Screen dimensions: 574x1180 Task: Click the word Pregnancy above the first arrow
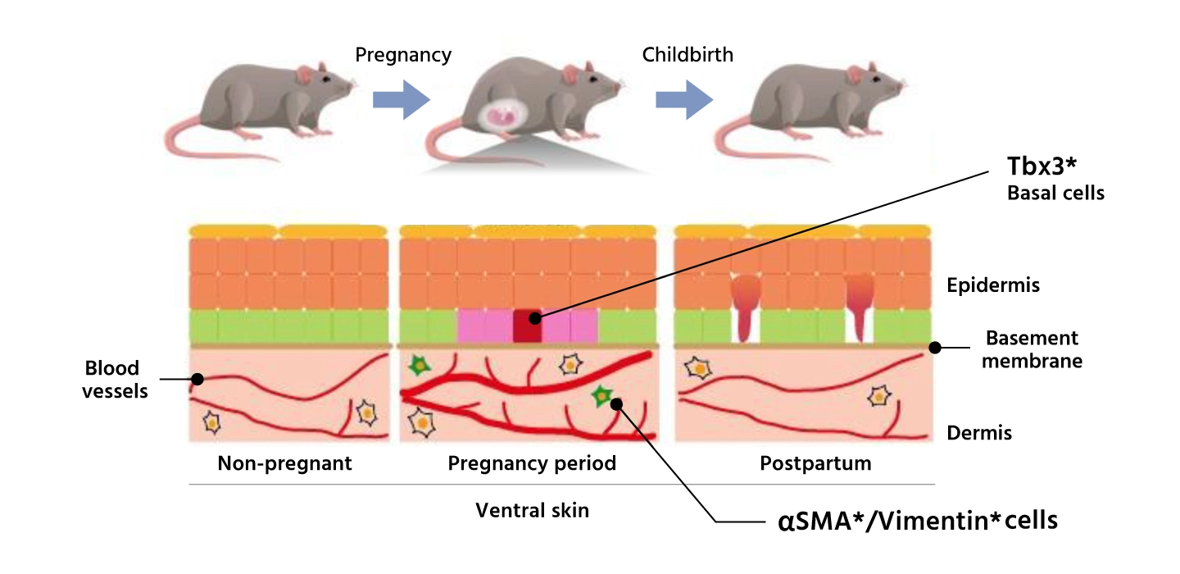pyautogui.click(x=402, y=55)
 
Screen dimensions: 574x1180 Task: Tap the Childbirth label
pyautogui.click(x=687, y=55)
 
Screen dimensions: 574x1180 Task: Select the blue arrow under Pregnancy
pyautogui.click(x=401, y=99)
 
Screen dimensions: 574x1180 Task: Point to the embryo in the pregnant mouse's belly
pyautogui.click(x=503, y=117)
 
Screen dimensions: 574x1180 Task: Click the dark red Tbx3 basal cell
pyautogui.click(x=528, y=326)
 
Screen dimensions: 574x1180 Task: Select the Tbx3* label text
pyautogui.click(x=1041, y=166)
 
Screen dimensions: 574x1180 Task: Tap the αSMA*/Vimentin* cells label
pyautogui.click(x=917, y=521)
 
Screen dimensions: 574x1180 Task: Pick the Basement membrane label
pyautogui.click(x=1031, y=349)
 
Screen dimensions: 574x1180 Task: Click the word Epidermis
pyautogui.click(x=992, y=285)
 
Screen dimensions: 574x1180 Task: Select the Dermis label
pyautogui.click(x=979, y=432)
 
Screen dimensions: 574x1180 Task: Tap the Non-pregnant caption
pyautogui.click(x=284, y=463)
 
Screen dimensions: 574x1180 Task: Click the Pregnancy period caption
pyautogui.click(x=532, y=463)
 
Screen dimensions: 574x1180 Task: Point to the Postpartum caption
pyautogui.click(x=815, y=463)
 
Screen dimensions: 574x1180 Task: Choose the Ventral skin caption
pyautogui.click(x=532, y=510)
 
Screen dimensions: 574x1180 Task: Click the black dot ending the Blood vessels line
pyautogui.click(x=197, y=379)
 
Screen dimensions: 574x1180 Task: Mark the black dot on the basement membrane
pyautogui.click(x=934, y=348)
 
